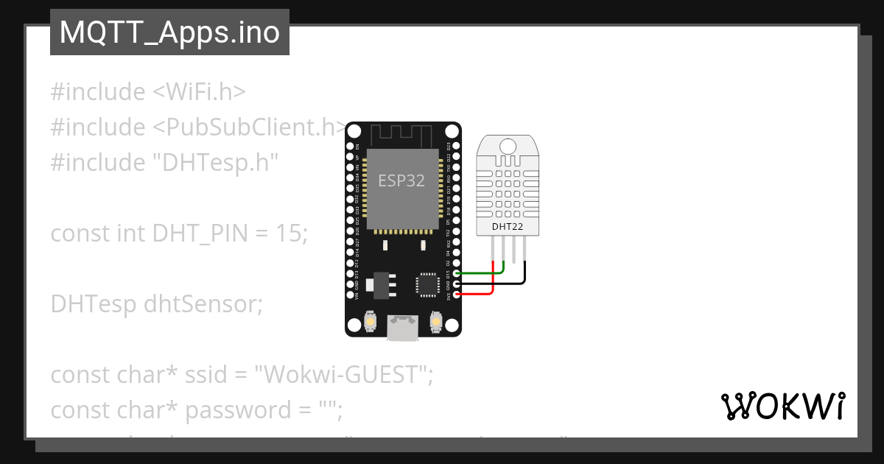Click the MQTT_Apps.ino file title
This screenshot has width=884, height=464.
[x=169, y=33]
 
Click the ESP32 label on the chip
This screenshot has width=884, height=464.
[x=401, y=180]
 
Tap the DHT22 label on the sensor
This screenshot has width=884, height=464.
[x=508, y=227]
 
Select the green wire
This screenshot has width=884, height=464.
[x=483, y=273]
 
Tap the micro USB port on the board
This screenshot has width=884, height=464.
[x=403, y=329]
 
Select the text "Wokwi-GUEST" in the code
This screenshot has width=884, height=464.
[x=342, y=375]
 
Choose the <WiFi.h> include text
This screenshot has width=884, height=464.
[x=199, y=92]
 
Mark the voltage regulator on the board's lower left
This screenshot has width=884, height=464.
[x=381, y=284]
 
